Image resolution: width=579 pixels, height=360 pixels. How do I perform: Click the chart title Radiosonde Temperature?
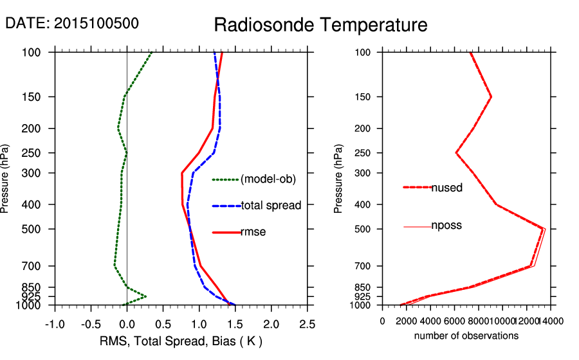tap(320, 26)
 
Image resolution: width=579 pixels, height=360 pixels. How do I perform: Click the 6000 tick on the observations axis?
tap(455, 321)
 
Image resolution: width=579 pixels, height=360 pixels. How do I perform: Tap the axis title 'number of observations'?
tap(466, 336)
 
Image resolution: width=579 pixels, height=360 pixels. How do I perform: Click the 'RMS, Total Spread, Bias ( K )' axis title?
tap(181, 341)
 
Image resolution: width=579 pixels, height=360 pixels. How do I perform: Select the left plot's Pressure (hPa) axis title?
tap(8, 179)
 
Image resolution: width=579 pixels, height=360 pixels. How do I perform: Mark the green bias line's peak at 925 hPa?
tap(146, 296)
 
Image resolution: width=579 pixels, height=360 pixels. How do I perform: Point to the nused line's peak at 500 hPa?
tap(543, 229)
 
